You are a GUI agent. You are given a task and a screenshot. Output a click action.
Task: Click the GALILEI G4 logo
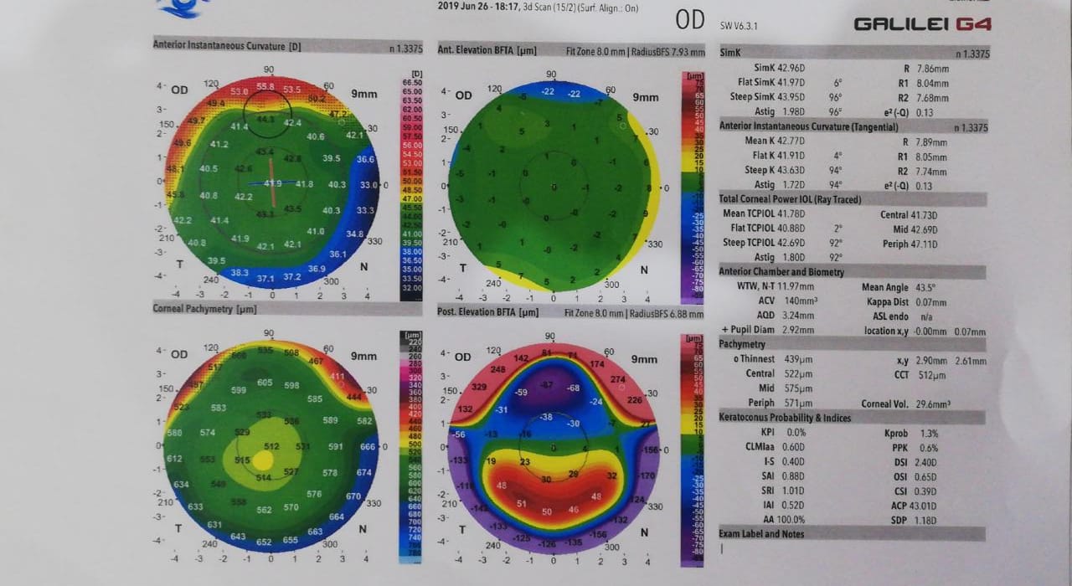point(922,24)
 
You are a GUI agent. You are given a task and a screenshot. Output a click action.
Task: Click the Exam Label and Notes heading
point(761,534)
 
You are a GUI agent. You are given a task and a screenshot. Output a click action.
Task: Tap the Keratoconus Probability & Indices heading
point(785,417)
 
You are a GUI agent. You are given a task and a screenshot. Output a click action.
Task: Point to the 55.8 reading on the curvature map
point(265,86)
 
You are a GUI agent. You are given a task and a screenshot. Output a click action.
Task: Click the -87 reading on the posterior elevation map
point(546,385)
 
